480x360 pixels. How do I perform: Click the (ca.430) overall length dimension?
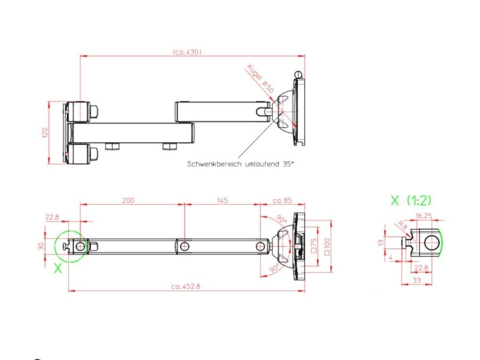point(187,52)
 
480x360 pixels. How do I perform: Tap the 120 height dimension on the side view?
point(45,133)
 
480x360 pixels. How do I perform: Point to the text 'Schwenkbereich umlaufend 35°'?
point(241,163)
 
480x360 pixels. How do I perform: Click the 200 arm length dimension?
point(128,200)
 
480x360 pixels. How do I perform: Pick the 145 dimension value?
point(222,200)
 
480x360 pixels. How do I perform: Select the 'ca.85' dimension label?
point(282,200)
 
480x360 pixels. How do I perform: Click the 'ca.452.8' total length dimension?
point(185,287)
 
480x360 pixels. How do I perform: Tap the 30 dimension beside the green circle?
point(41,246)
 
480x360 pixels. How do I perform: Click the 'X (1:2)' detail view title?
point(411,200)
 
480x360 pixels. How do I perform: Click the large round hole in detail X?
point(431,243)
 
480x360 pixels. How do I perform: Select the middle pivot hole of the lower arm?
point(185,246)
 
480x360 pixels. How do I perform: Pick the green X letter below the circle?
point(58,269)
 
